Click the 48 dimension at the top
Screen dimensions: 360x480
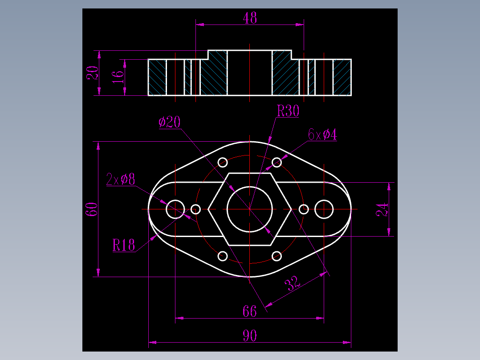(x=250, y=18)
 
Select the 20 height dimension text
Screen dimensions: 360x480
(x=92, y=73)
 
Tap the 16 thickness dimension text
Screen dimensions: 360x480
(x=118, y=77)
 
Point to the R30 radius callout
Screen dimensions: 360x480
(x=288, y=111)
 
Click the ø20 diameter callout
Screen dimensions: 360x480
(x=170, y=122)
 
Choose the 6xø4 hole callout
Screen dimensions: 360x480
(x=322, y=134)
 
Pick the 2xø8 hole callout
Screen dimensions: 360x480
(x=121, y=179)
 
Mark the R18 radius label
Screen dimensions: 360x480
(x=123, y=245)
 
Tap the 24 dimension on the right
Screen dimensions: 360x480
(x=382, y=209)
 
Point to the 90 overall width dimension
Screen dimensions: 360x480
(x=250, y=336)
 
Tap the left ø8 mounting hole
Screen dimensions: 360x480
(x=175, y=209)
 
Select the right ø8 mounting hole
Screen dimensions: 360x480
(x=324, y=209)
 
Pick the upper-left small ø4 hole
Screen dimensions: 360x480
(x=223, y=162)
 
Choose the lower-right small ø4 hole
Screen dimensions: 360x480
(x=277, y=256)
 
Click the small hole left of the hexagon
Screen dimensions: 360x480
(x=196, y=209)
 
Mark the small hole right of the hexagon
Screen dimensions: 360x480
(x=304, y=209)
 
